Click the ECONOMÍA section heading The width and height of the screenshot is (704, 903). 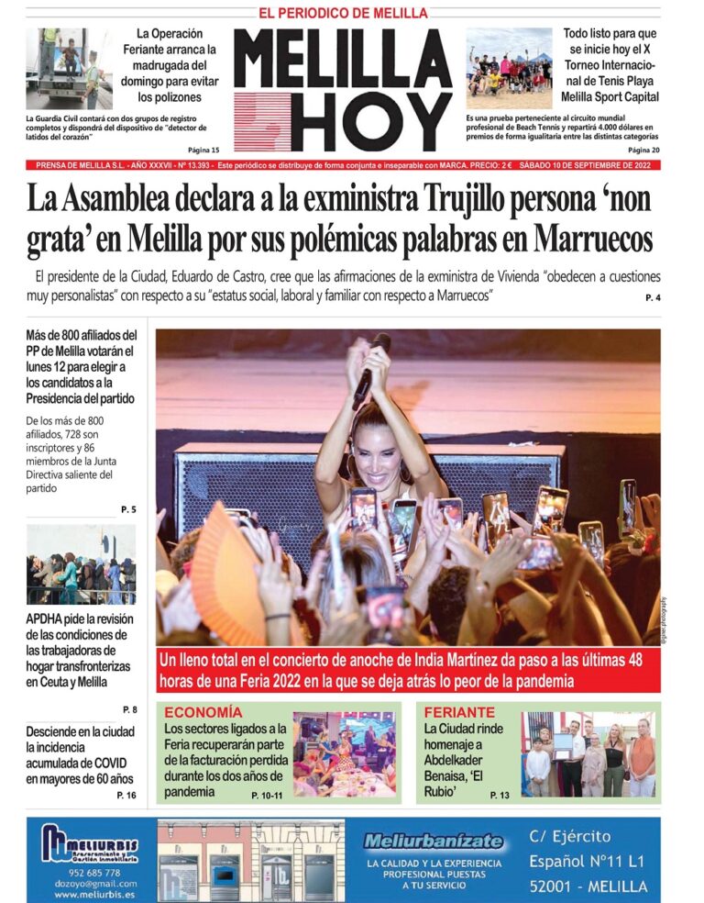tap(203, 712)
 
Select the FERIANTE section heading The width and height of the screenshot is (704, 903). tap(458, 712)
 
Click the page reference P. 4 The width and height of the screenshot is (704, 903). tap(652, 297)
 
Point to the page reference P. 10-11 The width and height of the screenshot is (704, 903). tap(267, 795)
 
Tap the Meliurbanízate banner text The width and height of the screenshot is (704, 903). tap(434, 842)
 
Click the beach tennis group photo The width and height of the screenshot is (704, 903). tap(509, 68)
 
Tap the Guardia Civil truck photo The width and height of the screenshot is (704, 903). tap(68, 68)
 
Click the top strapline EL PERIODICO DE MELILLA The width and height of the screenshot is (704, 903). tap(343, 13)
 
